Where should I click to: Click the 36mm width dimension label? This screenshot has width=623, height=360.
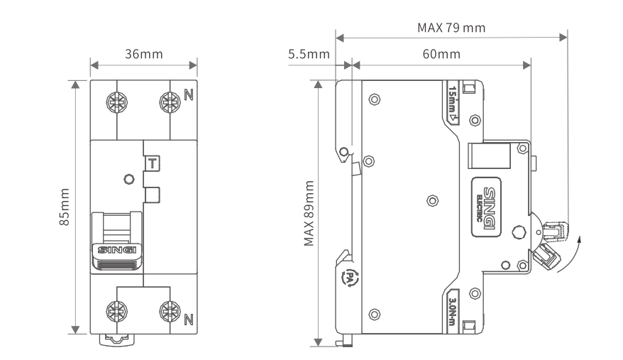pyautogui.click(x=143, y=55)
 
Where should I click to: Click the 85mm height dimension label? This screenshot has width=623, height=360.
pyautogui.click(x=65, y=207)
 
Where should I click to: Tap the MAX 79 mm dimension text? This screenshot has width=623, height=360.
pyautogui.click(x=451, y=28)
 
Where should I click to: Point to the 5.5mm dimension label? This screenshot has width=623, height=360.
pyautogui.click(x=309, y=55)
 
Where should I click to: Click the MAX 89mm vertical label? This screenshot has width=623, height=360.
pyautogui.click(x=309, y=213)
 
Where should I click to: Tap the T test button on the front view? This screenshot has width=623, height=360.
pyautogui.click(x=152, y=163)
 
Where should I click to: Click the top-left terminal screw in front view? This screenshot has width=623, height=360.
pyautogui.click(x=117, y=102)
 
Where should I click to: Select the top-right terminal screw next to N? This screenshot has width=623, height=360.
pyautogui.click(x=169, y=102)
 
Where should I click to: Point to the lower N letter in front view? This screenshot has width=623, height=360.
pyautogui.click(x=188, y=319)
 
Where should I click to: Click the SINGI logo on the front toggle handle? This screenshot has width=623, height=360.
pyautogui.click(x=116, y=250)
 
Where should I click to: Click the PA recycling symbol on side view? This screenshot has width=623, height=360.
pyautogui.click(x=350, y=279)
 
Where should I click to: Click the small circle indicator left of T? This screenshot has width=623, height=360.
pyautogui.click(x=128, y=180)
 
